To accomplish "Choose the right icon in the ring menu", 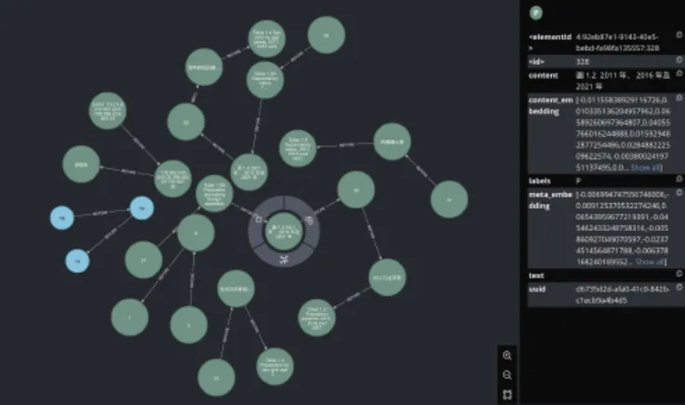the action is click(x=309, y=221).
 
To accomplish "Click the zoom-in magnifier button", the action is click(x=506, y=355).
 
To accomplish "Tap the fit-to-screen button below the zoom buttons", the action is click(x=506, y=393).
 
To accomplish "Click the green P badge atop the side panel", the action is click(x=535, y=13).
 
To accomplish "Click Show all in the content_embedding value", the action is click(x=647, y=168).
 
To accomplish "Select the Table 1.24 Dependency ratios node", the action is click(x=264, y=79).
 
